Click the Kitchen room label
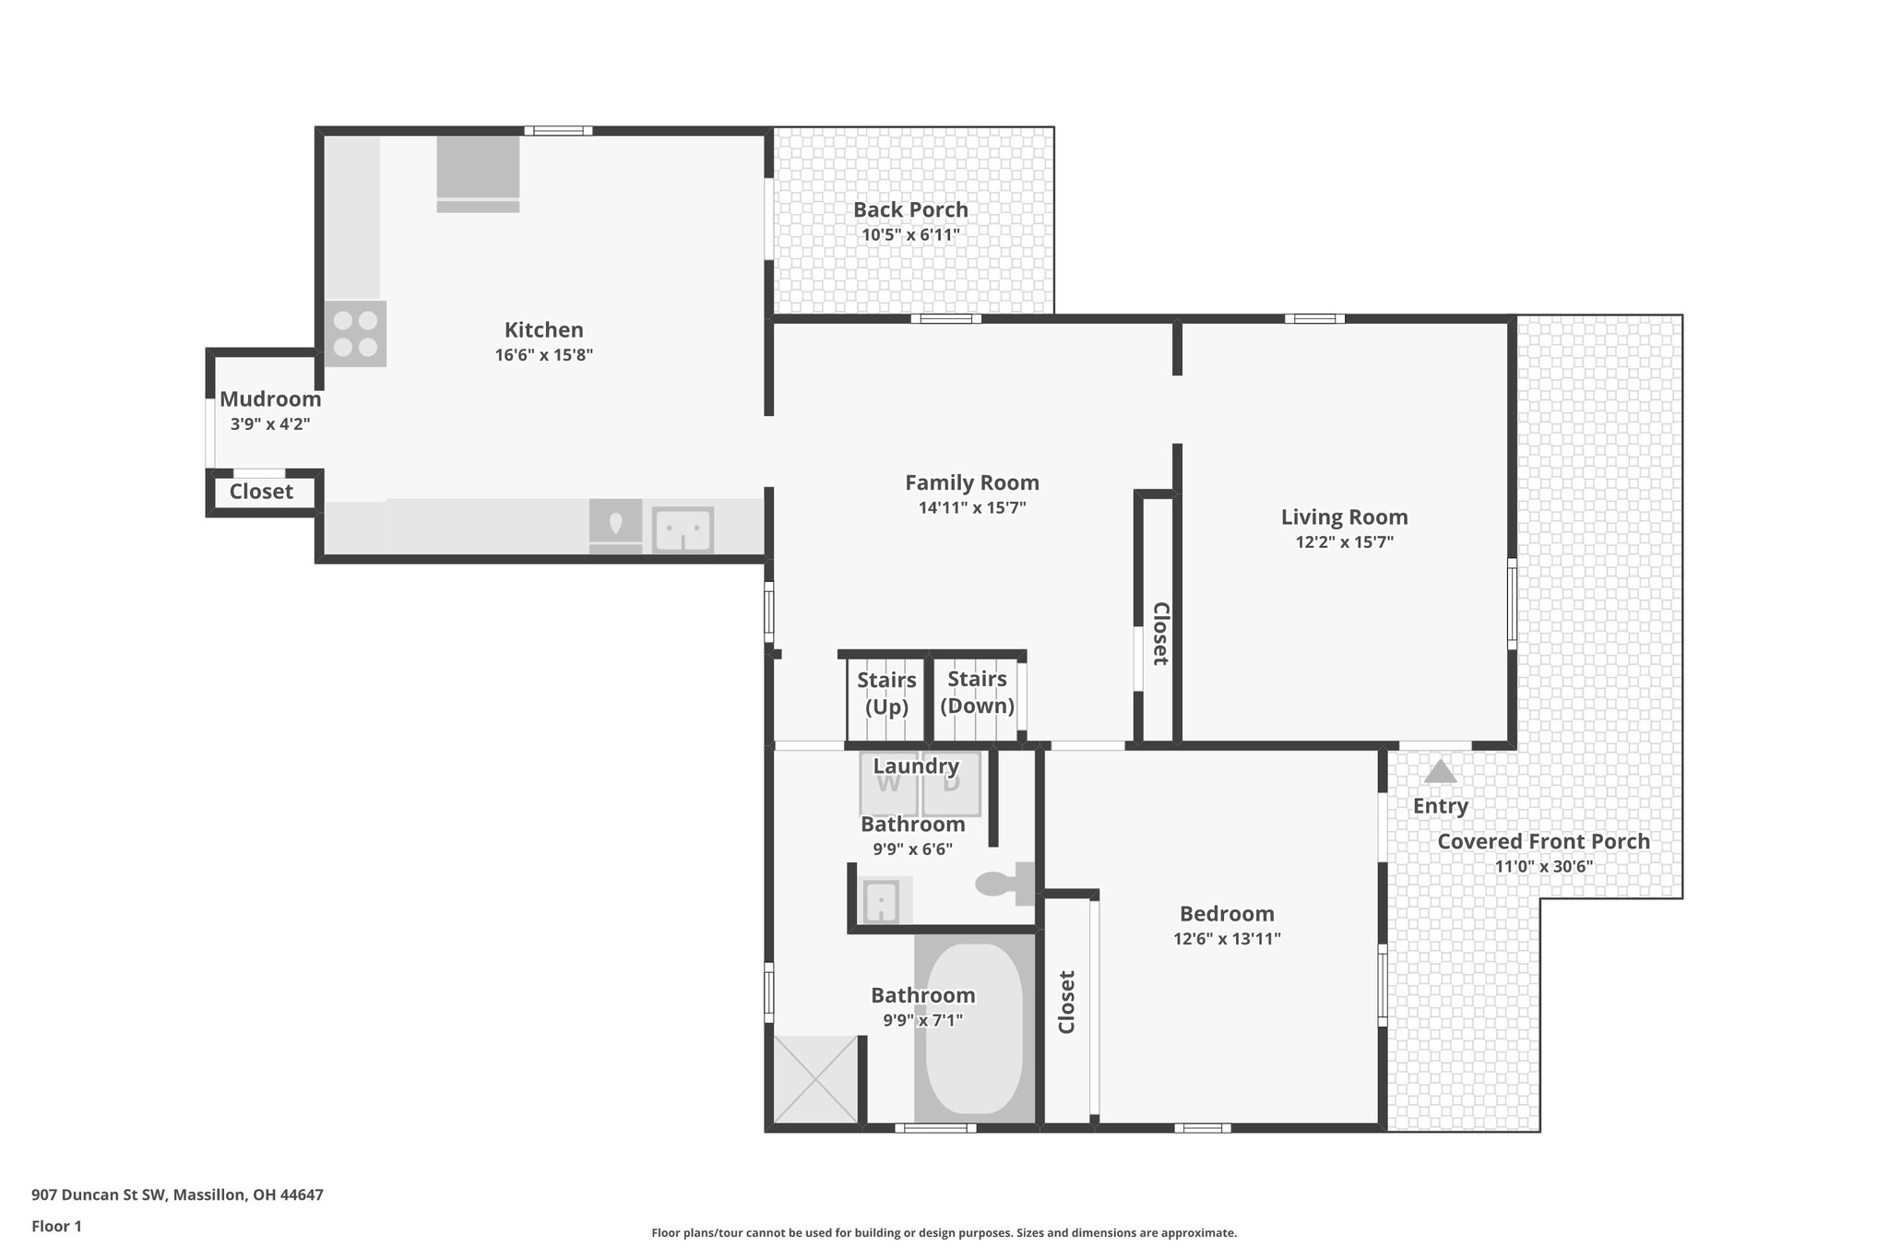(x=543, y=329)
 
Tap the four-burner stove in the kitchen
(x=355, y=334)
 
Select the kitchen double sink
(x=683, y=530)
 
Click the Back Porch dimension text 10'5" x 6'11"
(x=910, y=234)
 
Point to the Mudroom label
(x=270, y=399)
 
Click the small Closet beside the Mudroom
(x=261, y=492)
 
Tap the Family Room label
(x=971, y=482)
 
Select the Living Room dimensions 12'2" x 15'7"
(x=1344, y=542)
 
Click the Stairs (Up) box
(x=886, y=694)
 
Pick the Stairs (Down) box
(x=977, y=693)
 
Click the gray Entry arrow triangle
(x=1440, y=771)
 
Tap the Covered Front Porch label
(x=1543, y=841)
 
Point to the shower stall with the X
(x=815, y=1079)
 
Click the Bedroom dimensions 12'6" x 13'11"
(x=1227, y=939)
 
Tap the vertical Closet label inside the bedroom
(x=1066, y=1002)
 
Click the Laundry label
(x=916, y=766)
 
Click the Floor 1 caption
(x=56, y=1226)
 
